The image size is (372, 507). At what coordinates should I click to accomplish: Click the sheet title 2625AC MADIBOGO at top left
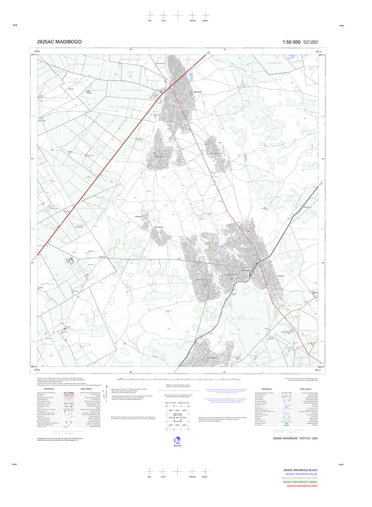pyautogui.click(x=59, y=42)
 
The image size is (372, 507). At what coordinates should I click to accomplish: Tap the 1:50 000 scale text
pyautogui.click(x=291, y=42)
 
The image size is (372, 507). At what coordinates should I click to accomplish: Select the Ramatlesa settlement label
pyautogui.click(x=158, y=228)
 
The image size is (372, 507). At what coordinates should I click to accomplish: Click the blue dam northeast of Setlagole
pyautogui.click(x=191, y=77)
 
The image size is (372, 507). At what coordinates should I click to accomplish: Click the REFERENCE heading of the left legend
pyautogui.click(x=49, y=389)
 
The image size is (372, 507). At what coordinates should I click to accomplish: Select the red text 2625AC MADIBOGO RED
pyautogui.click(x=302, y=486)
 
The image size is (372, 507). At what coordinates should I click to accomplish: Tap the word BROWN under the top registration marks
pyautogui.click(x=193, y=20)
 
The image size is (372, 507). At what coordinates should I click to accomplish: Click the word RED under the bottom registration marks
pyautogui.click(x=149, y=477)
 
